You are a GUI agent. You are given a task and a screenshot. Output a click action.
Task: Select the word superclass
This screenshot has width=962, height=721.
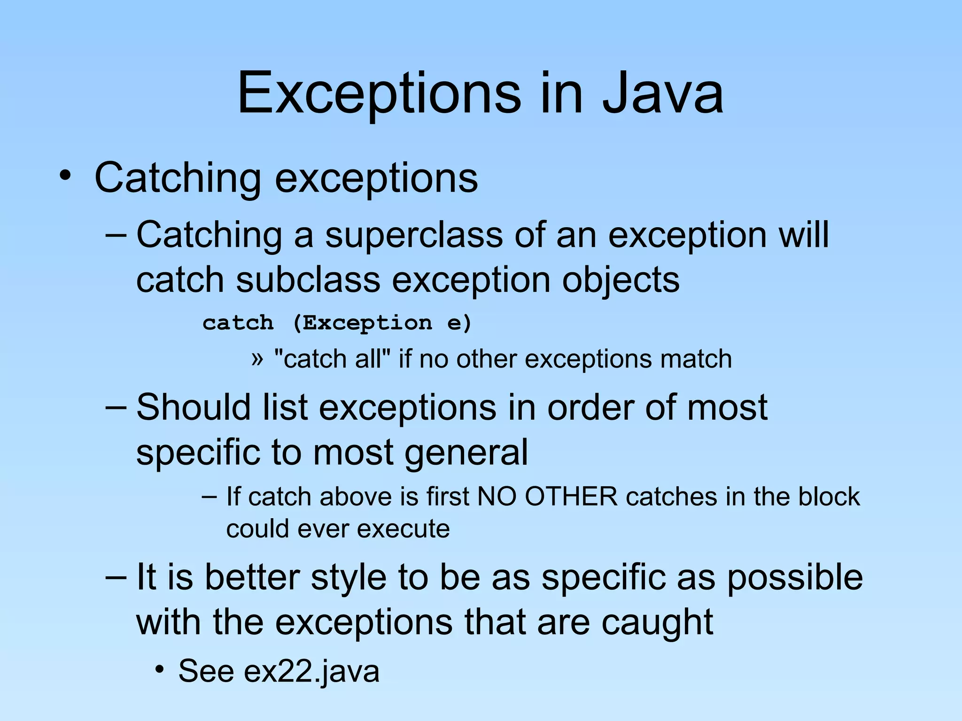[414, 235]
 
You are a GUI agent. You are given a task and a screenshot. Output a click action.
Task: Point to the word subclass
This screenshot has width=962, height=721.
[308, 280]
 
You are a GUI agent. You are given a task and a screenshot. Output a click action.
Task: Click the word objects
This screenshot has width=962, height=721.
[620, 280]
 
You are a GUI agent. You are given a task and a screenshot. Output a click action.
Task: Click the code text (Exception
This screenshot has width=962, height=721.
[362, 323]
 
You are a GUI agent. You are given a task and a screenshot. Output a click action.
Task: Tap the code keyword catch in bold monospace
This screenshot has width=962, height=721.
[238, 323]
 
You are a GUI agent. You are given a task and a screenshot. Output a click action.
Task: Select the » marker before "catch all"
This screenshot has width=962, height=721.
[257, 359]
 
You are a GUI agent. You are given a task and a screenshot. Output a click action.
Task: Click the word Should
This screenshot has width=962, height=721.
[194, 407]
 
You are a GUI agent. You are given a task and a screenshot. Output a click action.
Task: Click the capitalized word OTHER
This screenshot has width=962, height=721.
[571, 497]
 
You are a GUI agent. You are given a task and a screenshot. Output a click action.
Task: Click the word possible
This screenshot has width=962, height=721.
[795, 577]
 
